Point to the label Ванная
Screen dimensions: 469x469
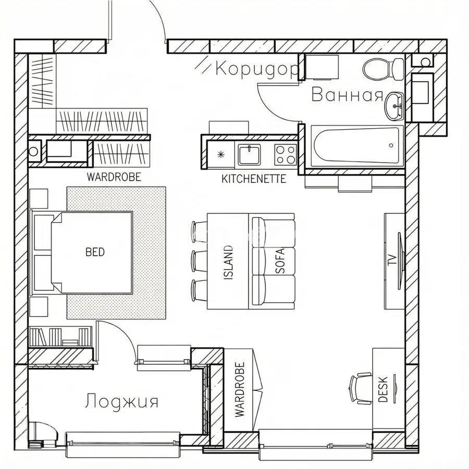click(x=347, y=95)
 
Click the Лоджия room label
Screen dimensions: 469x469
click(x=121, y=402)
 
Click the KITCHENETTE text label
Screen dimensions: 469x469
click(x=254, y=179)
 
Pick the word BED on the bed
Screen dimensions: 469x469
click(x=95, y=252)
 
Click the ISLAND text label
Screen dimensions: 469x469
click(x=228, y=263)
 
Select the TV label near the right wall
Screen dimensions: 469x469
click(x=391, y=260)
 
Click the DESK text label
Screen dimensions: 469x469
click(x=383, y=389)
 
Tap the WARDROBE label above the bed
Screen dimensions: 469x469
click(x=114, y=177)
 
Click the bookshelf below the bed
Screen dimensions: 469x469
click(x=60, y=336)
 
